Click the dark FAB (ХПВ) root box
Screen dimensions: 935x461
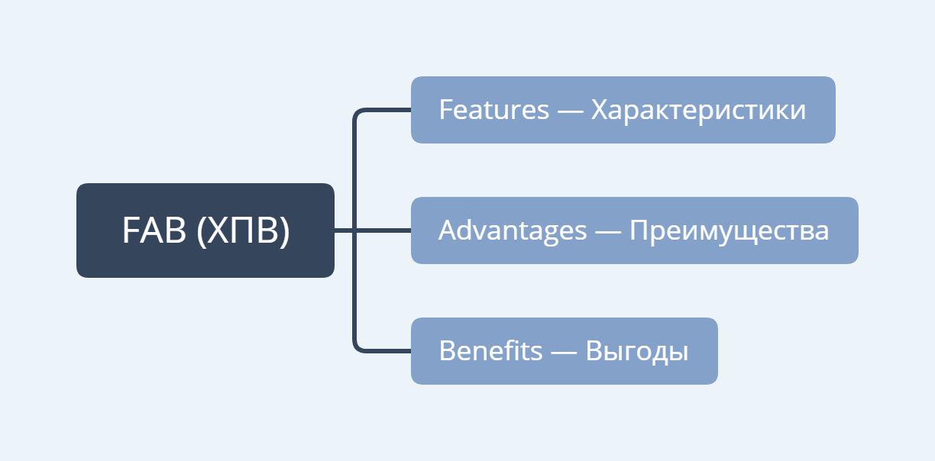205,230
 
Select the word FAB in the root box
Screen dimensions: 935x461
154,230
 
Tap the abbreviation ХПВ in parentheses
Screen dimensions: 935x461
243,230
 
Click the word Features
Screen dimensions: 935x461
493,110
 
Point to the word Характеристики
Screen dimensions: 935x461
698,111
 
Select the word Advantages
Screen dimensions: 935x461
513,231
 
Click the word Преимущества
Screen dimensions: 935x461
730,231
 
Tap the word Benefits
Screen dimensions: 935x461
490,350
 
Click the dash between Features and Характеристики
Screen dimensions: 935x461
570,111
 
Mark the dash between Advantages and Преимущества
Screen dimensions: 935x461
608,232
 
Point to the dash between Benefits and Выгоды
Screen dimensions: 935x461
564,353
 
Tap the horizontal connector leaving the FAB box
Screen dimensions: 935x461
373,230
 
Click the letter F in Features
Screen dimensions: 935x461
446,110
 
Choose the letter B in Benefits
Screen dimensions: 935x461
448,350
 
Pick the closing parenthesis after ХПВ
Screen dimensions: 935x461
285,230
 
